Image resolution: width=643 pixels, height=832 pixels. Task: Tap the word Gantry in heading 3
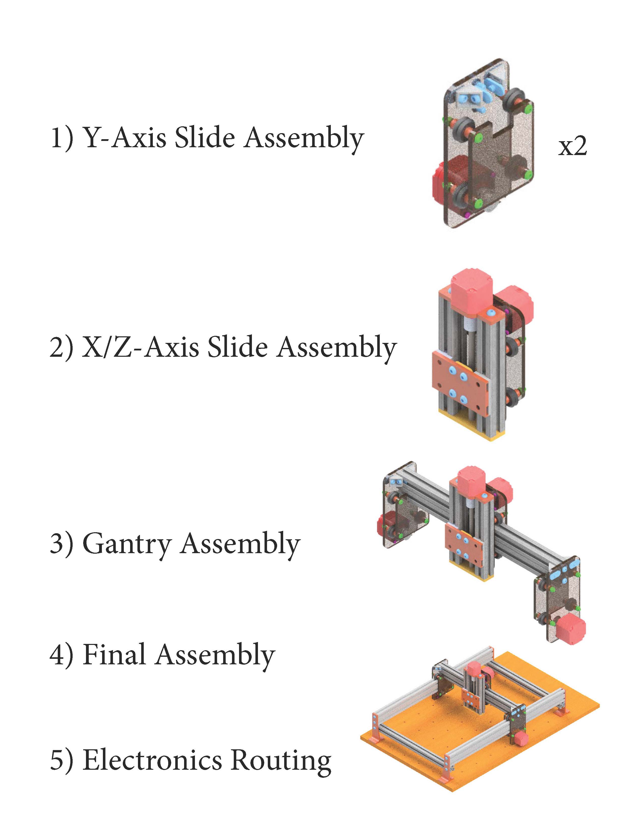pyautogui.click(x=127, y=544)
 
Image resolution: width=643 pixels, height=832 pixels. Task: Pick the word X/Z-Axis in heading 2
pyautogui.click(x=140, y=347)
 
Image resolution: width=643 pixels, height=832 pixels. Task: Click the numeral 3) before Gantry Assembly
pyautogui.click(x=61, y=544)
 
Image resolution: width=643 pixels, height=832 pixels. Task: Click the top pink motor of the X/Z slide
pyautogui.click(x=472, y=289)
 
